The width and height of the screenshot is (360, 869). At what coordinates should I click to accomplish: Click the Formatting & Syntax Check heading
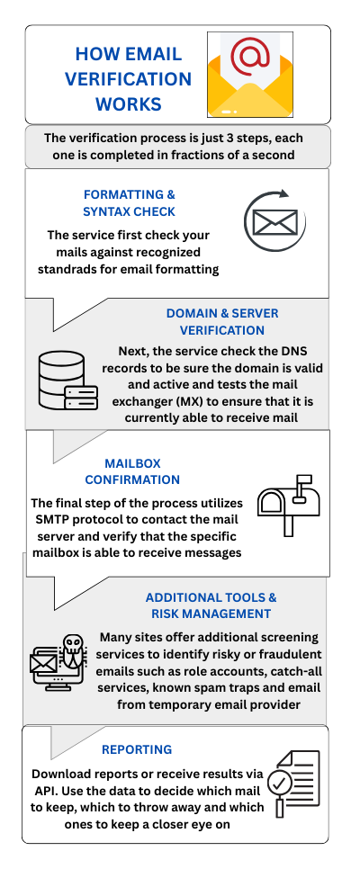129,202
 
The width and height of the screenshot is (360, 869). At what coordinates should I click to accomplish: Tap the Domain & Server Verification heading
222,321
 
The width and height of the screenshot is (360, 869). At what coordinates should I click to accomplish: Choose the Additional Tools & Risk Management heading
211,605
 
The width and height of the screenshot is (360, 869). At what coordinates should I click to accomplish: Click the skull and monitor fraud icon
58,664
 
